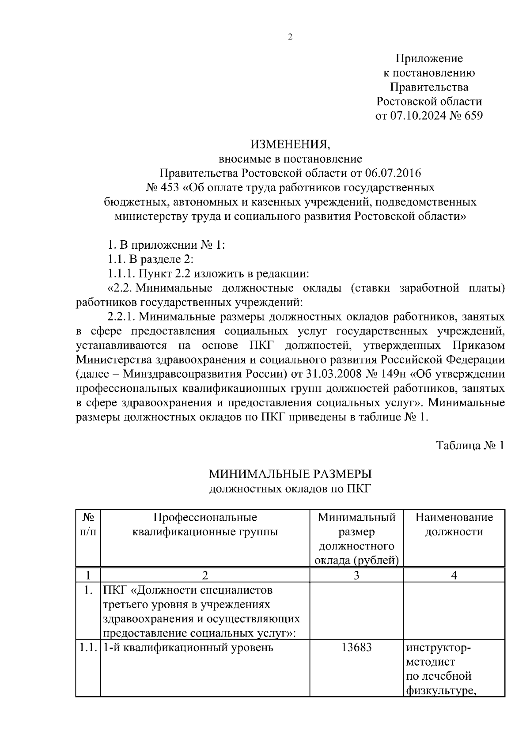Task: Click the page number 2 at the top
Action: pyautogui.click(x=290, y=37)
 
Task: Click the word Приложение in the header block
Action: pyautogui.click(x=429, y=58)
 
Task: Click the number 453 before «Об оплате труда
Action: pyautogui.click(x=169, y=187)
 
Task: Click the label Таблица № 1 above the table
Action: pyautogui.click(x=470, y=445)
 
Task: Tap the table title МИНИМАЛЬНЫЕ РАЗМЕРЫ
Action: pyautogui.click(x=290, y=474)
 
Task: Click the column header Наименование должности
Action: pyautogui.click(x=454, y=524)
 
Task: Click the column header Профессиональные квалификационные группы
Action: pyautogui.click(x=205, y=524)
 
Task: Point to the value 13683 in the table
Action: pyautogui.click(x=356, y=648)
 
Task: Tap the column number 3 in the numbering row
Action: pyautogui.click(x=356, y=575)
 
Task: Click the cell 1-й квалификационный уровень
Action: pyautogui.click(x=188, y=648)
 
